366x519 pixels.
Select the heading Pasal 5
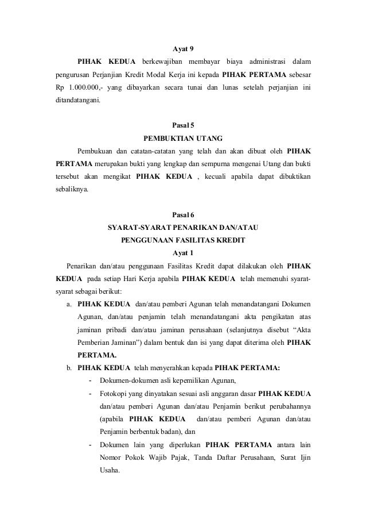[183, 124]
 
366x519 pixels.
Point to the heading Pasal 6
[183, 214]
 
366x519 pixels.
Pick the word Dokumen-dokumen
[130, 381]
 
